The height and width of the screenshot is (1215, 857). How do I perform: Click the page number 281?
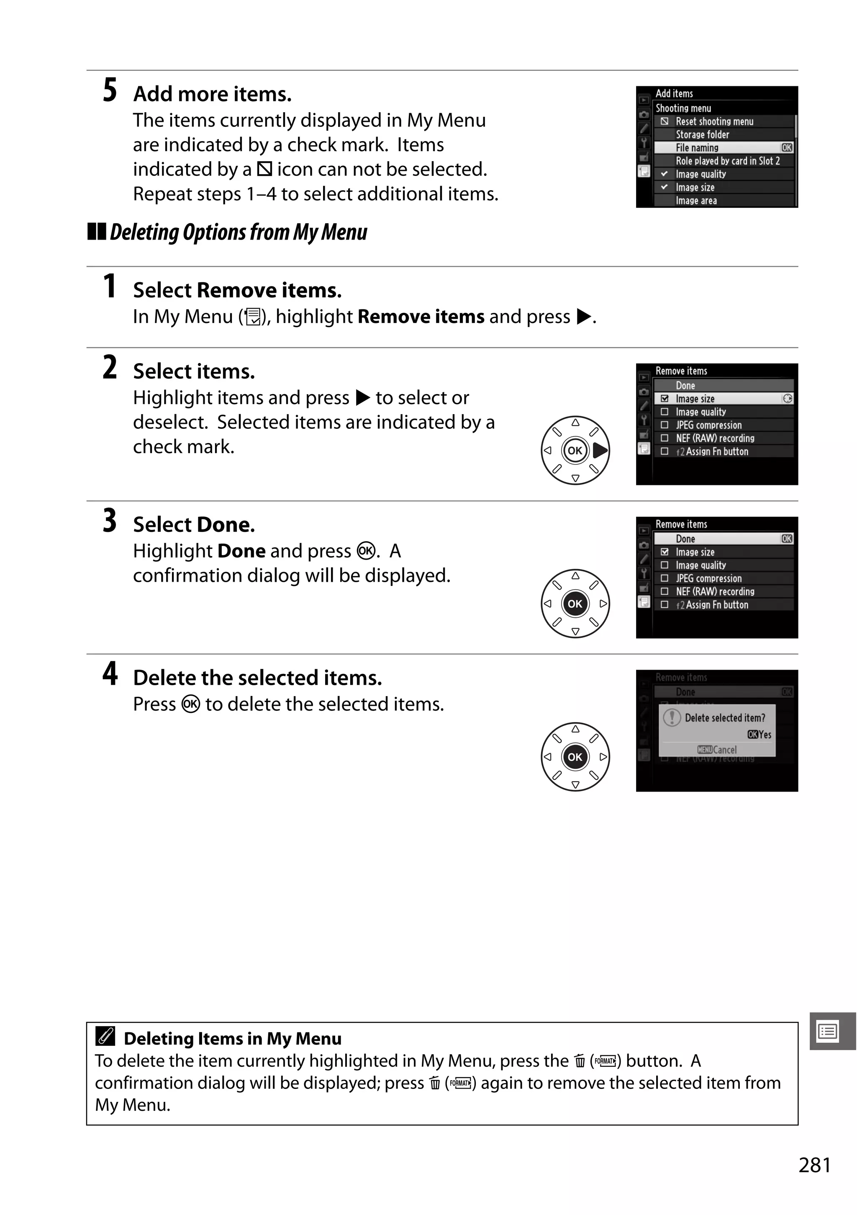coord(814,1165)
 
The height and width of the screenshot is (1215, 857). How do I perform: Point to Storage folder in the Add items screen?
coord(702,134)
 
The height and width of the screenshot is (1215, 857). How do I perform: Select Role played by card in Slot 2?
coord(727,161)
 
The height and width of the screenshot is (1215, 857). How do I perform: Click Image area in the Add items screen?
coord(696,201)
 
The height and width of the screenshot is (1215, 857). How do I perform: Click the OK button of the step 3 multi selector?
coord(575,604)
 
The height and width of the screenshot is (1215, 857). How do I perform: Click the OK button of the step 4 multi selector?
coord(575,757)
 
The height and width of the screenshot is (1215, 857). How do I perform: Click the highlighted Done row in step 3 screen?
coord(723,539)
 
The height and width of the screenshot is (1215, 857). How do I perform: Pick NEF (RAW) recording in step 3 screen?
coord(715,592)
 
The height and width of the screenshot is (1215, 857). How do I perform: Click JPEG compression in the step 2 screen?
coord(708,425)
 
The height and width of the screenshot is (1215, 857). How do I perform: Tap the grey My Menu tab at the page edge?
coord(829,1031)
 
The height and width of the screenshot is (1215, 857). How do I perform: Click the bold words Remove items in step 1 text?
coord(421,317)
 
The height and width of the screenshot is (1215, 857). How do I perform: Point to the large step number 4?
coord(110,673)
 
